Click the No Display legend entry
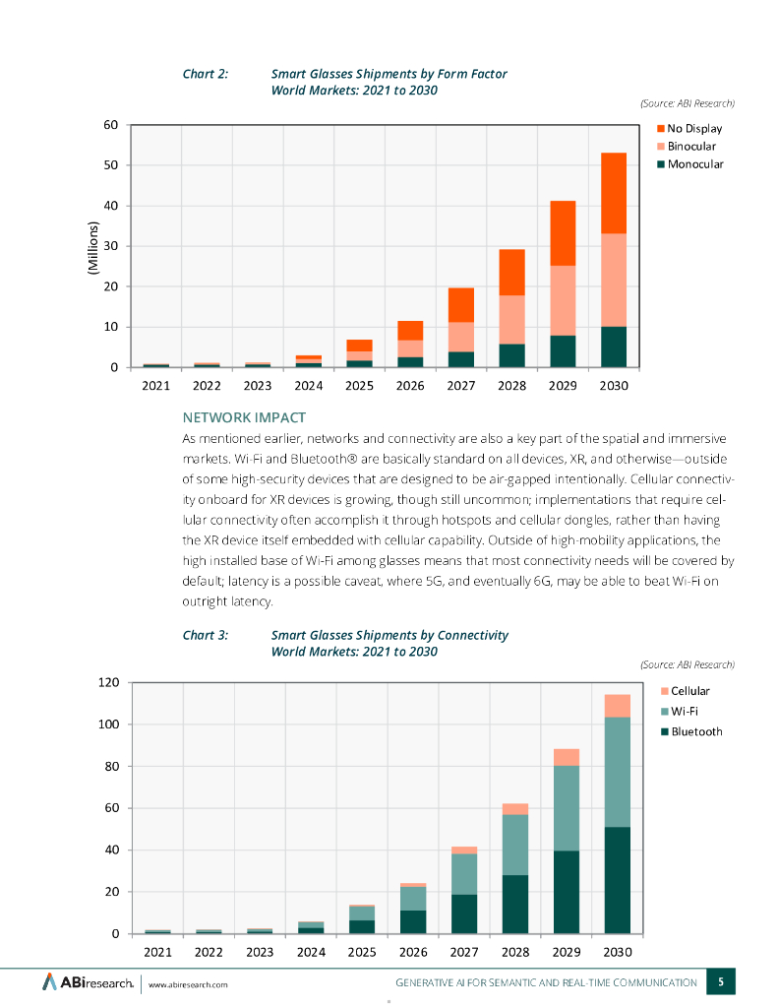pos(694,128)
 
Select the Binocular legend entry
pos(692,146)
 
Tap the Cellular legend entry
pos(688,691)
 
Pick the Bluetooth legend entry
pos(694,731)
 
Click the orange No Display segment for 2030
pos(615,193)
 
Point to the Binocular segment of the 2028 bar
pos(511,320)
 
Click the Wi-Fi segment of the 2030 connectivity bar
pos(617,772)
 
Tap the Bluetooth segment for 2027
pos(464,913)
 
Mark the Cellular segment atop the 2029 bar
pos(566,757)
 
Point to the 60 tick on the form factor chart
pos(110,125)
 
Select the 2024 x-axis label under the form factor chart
pos(308,386)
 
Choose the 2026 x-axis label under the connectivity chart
pos(412,952)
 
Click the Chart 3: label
pos(206,635)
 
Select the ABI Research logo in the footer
pos(87,982)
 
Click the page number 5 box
pos(721,981)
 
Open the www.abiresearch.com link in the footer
pos(188,984)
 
